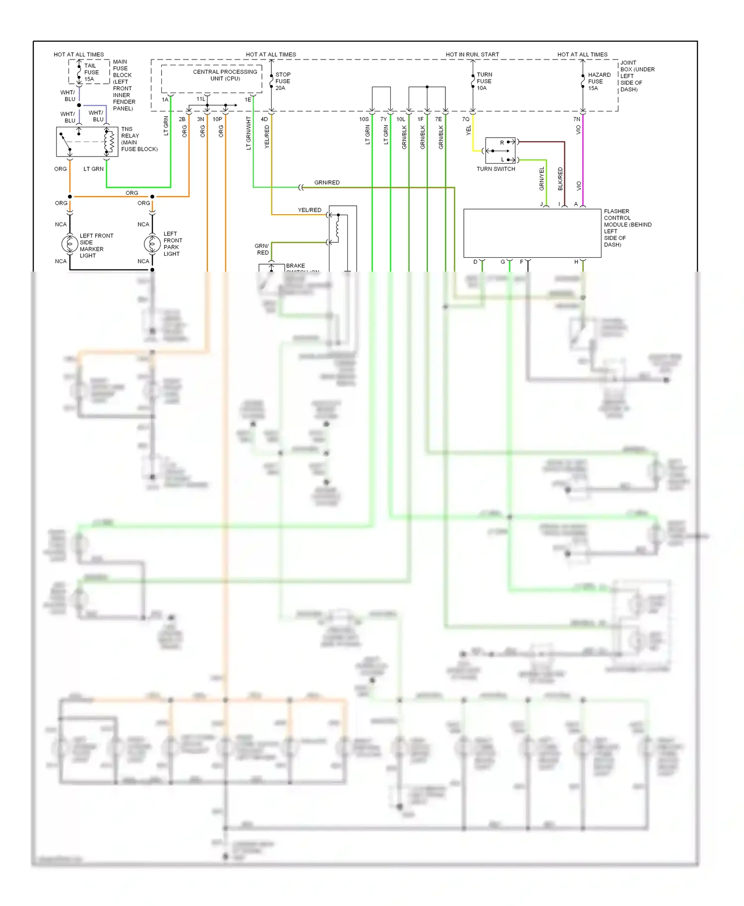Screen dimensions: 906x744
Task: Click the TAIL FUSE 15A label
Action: click(x=91, y=72)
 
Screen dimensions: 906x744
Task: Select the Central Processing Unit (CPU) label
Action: click(x=225, y=75)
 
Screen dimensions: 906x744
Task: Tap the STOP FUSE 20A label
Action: click(x=283, y=81)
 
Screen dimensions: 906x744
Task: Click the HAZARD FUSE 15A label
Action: click(x=599, y=81)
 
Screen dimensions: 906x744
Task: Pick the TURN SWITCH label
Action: click(x=496, y=169)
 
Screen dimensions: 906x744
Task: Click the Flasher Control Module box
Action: click(x=532, y=233)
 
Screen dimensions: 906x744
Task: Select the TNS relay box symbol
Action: click(x=87, y=142)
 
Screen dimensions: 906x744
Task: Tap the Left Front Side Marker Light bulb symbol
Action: click(x=69, y=243)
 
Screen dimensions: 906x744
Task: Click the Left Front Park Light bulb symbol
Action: click(x=152, y=243)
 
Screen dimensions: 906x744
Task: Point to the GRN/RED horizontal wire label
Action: click(x=327, y=182)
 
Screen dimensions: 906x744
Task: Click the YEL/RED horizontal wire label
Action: click(x=310, y=210)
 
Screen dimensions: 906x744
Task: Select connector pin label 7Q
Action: click(x=465, y=119)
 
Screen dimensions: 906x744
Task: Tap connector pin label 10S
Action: click(x=364, y=119)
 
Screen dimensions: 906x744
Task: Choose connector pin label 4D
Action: click(x=264, y=119)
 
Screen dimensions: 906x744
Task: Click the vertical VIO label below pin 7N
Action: click(x=578, y=130)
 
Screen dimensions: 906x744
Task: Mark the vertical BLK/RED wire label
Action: click(x=560, y=179)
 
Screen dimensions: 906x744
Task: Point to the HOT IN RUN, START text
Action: click(x=472, y=55)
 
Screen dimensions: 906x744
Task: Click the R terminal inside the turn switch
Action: click(x=502, y=143)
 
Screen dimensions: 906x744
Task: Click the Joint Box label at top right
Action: click(x=637, y=76)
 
